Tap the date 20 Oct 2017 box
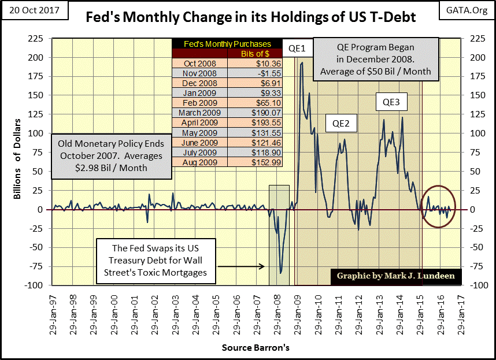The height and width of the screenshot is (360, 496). click(x=35, y=10)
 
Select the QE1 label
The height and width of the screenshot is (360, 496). click(x=297, y=47)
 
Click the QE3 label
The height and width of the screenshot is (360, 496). click(x=391, y=103)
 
